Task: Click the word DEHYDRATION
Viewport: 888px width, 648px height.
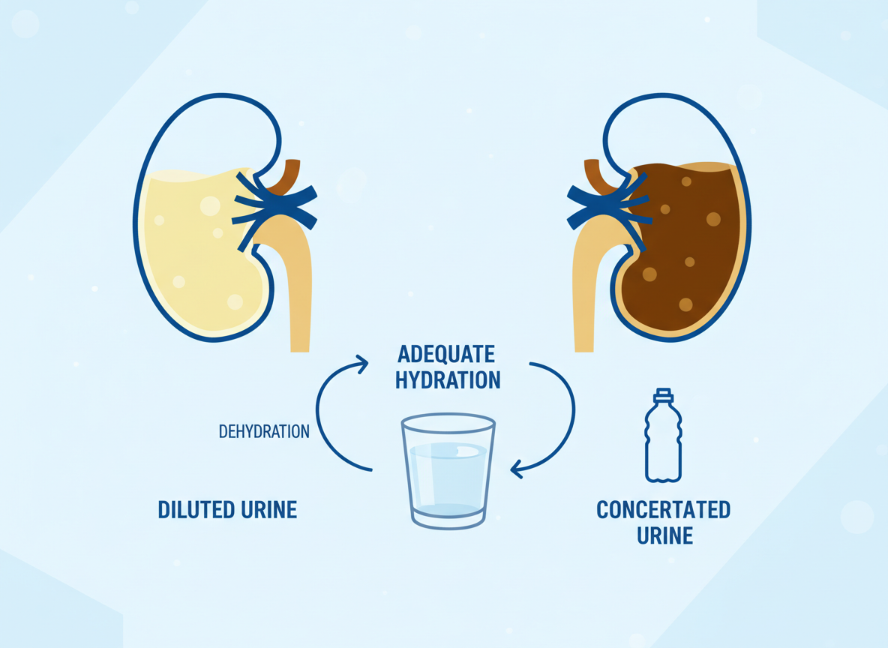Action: [264, 432]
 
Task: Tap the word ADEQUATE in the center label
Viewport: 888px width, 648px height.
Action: [446, 354]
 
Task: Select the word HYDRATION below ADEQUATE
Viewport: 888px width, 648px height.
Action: [448, 380]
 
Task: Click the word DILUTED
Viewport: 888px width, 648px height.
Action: [193, 510]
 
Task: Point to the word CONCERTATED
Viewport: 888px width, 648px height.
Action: [663, 510]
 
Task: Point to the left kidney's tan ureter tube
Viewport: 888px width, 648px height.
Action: [298, 292]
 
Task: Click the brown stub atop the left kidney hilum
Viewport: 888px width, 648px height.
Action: [288, 176]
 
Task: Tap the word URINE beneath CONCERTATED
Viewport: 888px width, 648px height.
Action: [664, 536]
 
